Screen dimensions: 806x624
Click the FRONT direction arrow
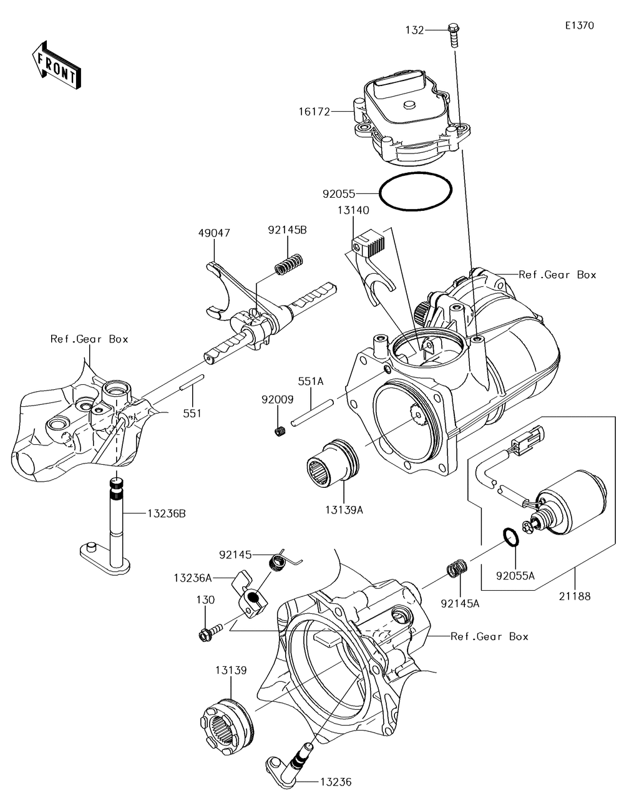point(55,66)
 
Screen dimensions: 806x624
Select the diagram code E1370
point(579,26)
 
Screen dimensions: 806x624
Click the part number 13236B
point(166,513)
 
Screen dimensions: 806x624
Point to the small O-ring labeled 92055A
point(510,537)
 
